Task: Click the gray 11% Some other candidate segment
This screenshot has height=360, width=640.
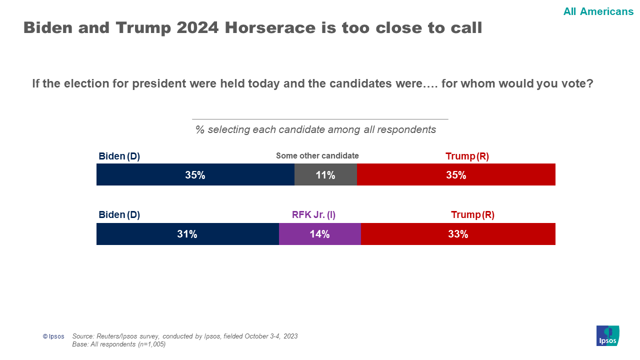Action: coord(325,174)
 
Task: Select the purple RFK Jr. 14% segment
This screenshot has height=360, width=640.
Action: coord(319,234)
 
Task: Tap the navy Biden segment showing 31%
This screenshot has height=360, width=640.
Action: coord(187,234)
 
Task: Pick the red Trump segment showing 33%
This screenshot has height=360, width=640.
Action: coord(457,234)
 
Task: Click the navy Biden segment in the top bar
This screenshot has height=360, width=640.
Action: coord(195,174)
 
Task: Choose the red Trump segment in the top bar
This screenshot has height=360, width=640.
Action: coord(456,174)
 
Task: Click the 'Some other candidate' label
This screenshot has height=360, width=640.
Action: coord(317,156)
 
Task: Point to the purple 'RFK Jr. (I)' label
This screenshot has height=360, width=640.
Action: coord(313,215)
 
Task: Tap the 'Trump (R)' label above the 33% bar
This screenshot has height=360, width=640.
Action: coord(472,215)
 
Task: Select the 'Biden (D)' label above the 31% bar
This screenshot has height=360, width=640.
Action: coord(119,215)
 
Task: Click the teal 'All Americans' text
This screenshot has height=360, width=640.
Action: coord(598,11)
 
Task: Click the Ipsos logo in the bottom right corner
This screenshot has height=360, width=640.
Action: coord(607,335)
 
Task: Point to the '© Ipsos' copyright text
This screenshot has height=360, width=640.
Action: coord(53,336)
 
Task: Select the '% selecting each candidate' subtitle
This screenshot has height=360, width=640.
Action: coord(315,130)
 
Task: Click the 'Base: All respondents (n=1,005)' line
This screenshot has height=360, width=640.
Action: coord(119,344)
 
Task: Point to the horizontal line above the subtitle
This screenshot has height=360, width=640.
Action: coord(320,119)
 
